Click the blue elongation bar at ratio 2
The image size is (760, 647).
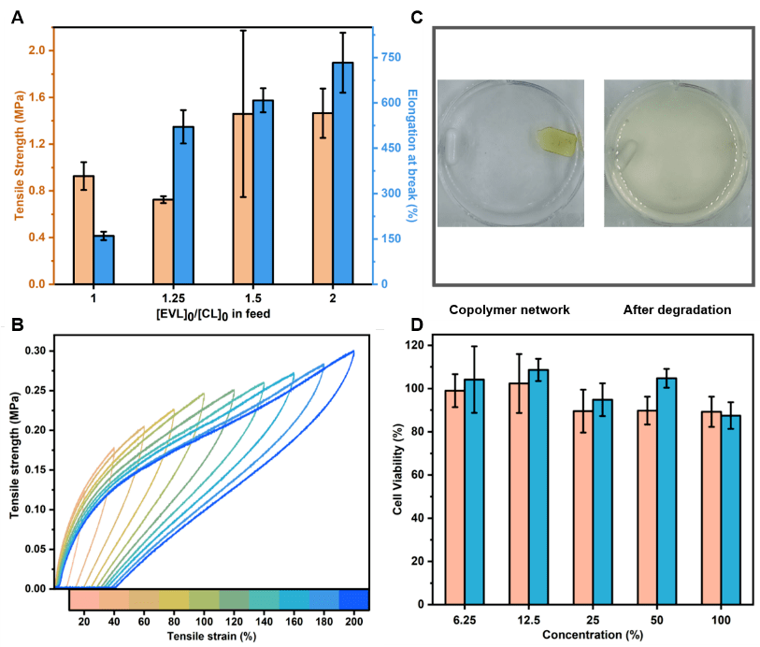(x=343, y=173)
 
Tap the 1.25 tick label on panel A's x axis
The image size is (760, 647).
(x=165, y=296)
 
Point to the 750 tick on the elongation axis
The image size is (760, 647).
(x=390, y=57)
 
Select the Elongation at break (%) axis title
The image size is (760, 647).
(x=411, y=154)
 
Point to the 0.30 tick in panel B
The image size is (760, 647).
(x=36, y=351)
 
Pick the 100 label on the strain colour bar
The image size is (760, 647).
(x=204, y=620)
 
